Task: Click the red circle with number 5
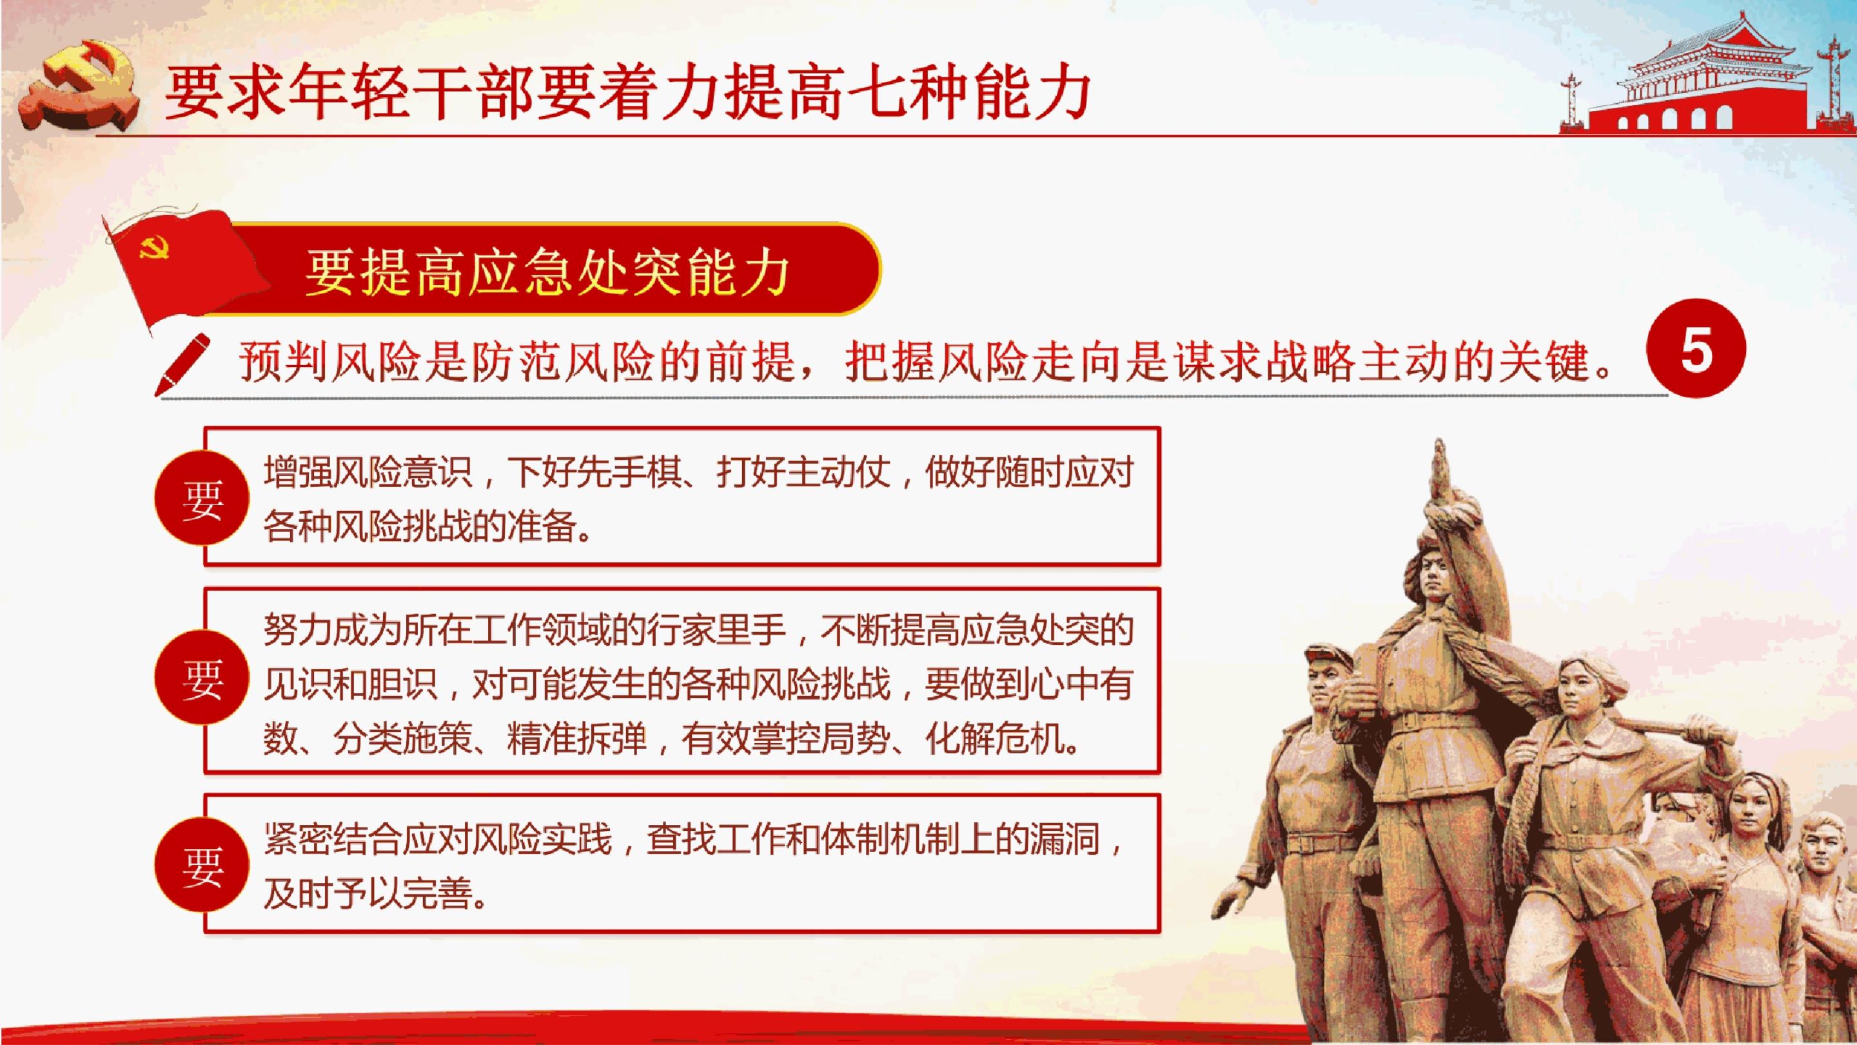coord(1696,349)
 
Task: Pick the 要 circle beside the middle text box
coord(202,677)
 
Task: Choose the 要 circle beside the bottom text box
coord(202,866)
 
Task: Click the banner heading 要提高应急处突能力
coord(547,273)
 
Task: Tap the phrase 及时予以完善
coord(368,893)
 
